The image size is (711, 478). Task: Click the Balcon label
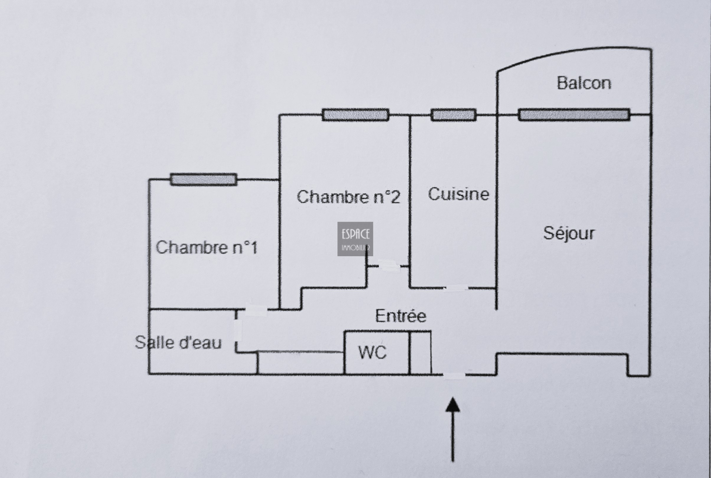pos(584,83)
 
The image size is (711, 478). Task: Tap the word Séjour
pos(569,233)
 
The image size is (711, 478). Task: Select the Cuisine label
pos(458,194)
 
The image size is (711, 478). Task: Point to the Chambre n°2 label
pos(348,197)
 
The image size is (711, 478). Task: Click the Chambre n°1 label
pos(207,248)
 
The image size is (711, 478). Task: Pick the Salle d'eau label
pos(178,343)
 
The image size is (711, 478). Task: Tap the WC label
pos(372,353)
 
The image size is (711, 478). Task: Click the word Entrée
pos(401,316)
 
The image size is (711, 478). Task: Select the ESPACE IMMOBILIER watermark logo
pos(355,239)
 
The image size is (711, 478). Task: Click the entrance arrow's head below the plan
pos(453,405)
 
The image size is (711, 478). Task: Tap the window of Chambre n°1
pos(204,179)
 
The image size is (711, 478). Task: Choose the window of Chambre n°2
pos(355,115)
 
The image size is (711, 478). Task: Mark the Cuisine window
pos(453,115)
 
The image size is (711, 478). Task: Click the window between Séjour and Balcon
pos(574,115)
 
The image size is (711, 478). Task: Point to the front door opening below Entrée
pos(454,375)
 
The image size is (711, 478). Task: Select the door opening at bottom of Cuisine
pos(456,288)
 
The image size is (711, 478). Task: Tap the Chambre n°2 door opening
pos(389,266)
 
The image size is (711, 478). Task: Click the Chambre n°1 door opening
pos(256,309)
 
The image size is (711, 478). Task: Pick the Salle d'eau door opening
pos(238,330)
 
